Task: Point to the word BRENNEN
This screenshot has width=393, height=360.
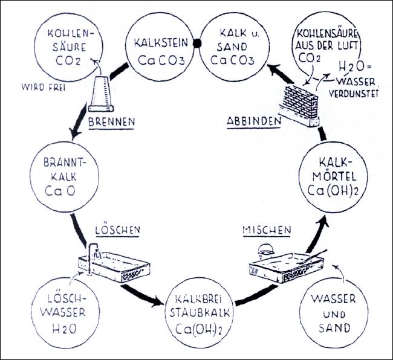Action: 110,121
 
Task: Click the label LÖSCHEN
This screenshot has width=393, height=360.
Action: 119,231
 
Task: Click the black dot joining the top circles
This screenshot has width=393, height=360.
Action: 195,43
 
